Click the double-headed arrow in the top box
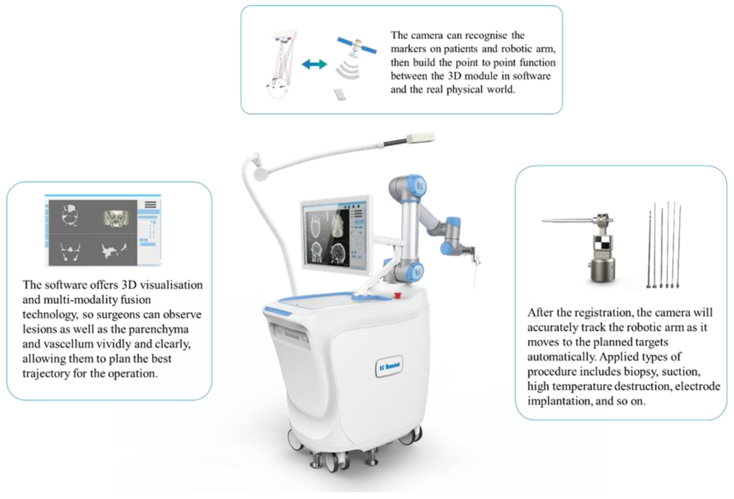point(314,65)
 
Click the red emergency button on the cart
point(397,295)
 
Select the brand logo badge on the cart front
point(389,366)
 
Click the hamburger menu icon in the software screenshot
point(150,205)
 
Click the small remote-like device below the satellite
point(340,94)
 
